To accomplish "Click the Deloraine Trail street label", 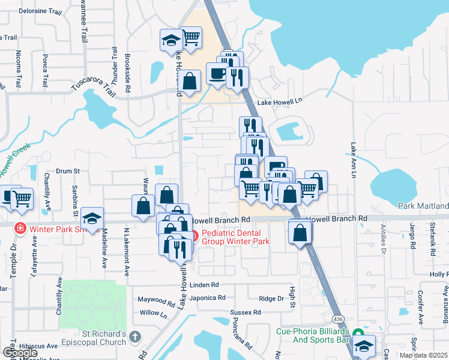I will (41, 11).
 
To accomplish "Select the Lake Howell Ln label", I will (279, 103).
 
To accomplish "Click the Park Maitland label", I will (423, 206).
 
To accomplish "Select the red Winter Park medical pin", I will (19, 229).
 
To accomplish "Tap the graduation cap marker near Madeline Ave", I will (92, 218).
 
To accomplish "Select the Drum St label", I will (68, 171).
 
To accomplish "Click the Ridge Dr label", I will (271, 299).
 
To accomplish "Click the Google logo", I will (20, 353).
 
